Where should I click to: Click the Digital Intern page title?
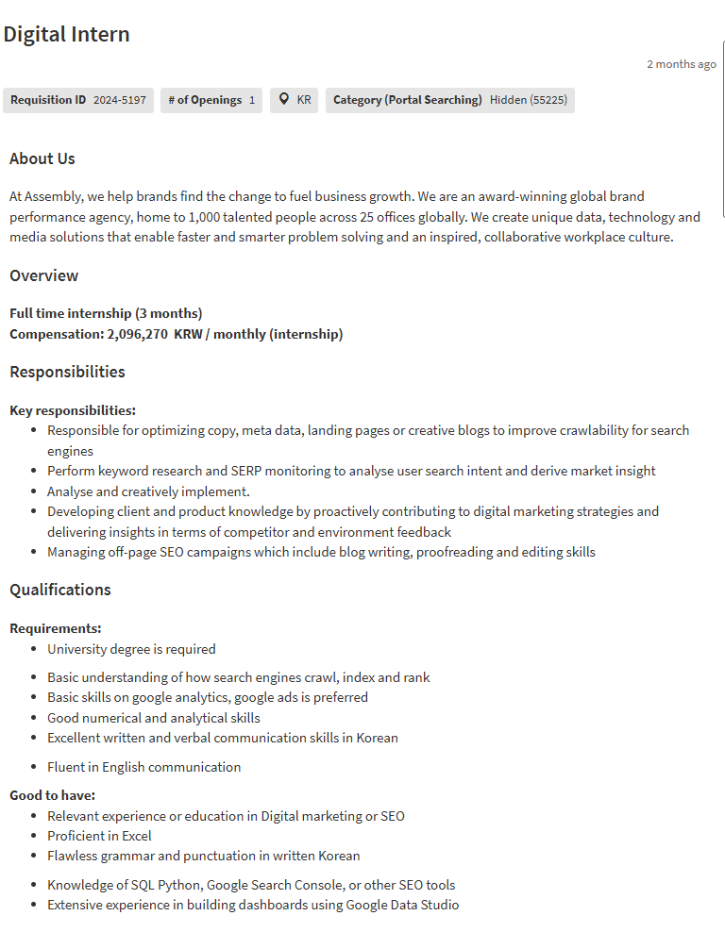click(x=66, y=35)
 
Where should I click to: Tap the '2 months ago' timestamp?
click(x=681, y=64)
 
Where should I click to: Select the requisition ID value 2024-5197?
click(x=119, y=100)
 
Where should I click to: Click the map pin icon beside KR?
click(x=284, y=100)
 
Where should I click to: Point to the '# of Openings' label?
click(x=205, y=100)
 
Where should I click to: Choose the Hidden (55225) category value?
click(x=528, y=100)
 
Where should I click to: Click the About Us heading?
click(x=42, y=158)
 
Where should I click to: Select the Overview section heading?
click(x=43, y=275)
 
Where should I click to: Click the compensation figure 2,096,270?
click(x=138, y=334)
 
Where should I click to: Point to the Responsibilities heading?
click(x=67, y=372)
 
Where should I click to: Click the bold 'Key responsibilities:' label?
click(x=73, y=410)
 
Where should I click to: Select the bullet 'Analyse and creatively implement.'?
click(x=148, y=491)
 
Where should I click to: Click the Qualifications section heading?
click(x=60, y=590)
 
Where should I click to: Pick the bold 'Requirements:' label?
click(x=56, y=628)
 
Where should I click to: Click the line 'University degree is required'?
click(x=131, y=649)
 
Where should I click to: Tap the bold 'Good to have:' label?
click(x=52, y=795)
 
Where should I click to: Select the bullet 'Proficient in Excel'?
click(x=99, y=836)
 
